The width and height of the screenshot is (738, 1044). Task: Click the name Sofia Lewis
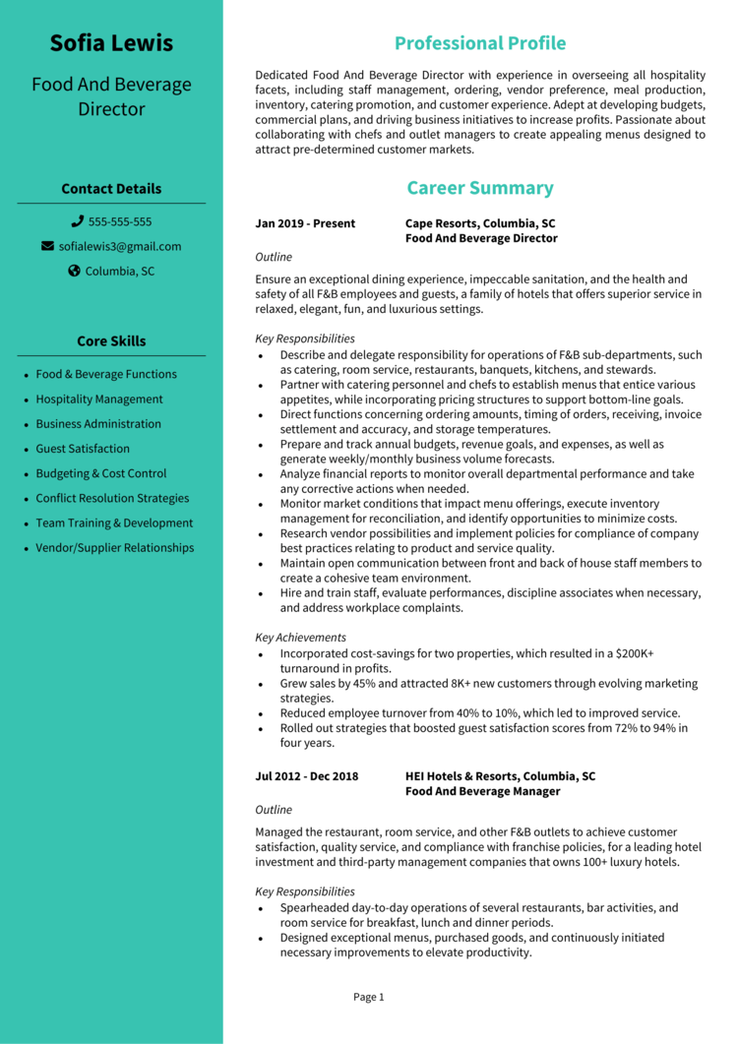click(111, 43)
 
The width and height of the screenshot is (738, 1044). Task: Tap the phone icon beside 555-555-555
click(78, 222)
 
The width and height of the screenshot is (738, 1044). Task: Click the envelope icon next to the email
click(47, 247)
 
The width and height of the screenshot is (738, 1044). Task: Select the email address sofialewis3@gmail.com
click(120, 247)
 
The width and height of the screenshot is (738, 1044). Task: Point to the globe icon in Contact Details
click(74, 272)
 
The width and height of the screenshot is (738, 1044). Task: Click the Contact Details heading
click(111, 189)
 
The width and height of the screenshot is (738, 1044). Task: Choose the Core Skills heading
click(111, 341)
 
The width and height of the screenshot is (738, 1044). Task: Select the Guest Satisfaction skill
click(83, 449)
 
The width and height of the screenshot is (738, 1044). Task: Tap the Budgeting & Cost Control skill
click(101, 473)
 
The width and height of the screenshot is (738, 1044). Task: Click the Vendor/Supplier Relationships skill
click(115, 548)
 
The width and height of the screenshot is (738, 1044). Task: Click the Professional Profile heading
click(480, 43)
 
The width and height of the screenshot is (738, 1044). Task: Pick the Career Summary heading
click(480, 188)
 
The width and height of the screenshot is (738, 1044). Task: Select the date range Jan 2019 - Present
click(305, 223)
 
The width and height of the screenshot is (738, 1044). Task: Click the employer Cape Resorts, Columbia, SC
click(480, 223)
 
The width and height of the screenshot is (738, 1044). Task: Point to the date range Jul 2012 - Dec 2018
click(307, 776)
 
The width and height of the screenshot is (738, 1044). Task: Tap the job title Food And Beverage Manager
click(483, 791)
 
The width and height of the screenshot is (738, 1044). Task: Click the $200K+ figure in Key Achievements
click(636, 653)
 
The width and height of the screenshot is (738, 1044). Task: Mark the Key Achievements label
click(300, 638)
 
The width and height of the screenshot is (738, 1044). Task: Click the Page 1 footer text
click(369, 998)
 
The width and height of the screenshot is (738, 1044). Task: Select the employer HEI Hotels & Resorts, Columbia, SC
click(500, 776)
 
